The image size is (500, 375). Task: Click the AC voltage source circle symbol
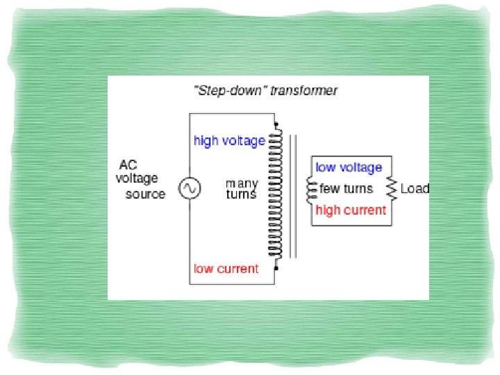pos(189,188)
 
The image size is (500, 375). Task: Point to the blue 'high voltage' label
pos(229,141)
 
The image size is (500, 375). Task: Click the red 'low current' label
pos(226,269)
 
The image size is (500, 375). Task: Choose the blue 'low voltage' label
pos(349,167)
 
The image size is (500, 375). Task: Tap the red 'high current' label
pos(350,210)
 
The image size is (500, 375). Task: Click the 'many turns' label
pos(242,189)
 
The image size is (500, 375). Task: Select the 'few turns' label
pos(346,188)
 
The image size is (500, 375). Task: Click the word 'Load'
pos(415,188)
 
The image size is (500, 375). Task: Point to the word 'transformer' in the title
pos(302,92)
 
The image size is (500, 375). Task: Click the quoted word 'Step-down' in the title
pos(228,92)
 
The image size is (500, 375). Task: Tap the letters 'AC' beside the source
pos(128,165)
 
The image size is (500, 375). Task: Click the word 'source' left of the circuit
pos(145,194)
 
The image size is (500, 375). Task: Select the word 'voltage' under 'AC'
pos(137,179)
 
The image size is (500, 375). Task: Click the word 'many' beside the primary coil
pos(242,184)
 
